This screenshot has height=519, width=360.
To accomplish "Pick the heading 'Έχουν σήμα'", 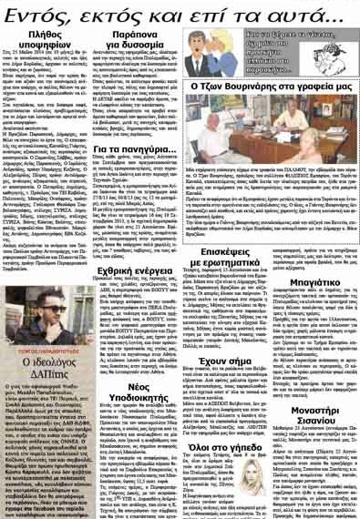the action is point(242,384).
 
